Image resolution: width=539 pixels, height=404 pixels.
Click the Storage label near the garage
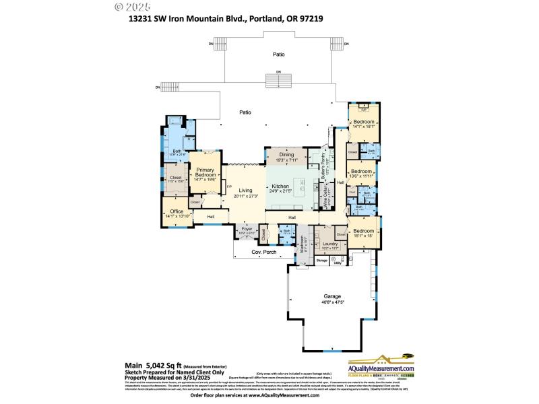pyautogui.click(x=322, y=260)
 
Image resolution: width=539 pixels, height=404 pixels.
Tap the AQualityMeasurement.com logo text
pyautogui.click(x=380, y=368)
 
